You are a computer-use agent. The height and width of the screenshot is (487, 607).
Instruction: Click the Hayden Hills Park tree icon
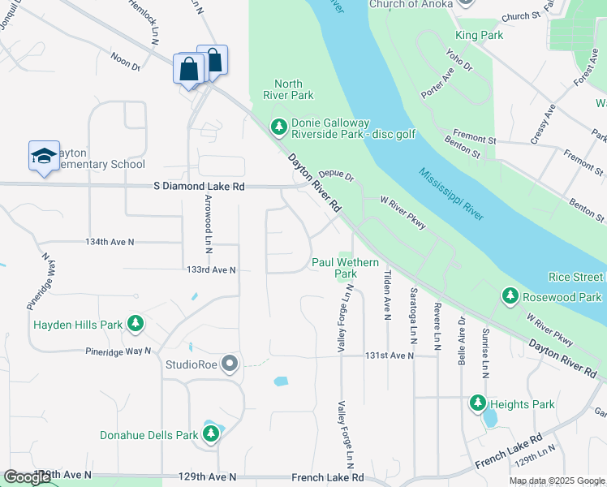[136, 325]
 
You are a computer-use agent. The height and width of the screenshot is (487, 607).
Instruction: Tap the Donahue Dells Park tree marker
[211, 435]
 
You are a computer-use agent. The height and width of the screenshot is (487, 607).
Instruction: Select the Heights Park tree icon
[478, 403]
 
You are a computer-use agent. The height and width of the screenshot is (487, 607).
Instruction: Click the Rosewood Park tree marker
[510, 297]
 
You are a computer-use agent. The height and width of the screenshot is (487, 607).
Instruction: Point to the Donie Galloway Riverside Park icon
[279, 127]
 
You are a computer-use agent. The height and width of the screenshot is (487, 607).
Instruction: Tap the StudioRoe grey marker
[230, 364]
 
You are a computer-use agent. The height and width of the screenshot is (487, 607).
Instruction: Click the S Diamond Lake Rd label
[199, 186]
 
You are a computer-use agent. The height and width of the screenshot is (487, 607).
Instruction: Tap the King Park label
[479, 35]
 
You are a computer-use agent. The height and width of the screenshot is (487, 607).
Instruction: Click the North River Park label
[288, 89]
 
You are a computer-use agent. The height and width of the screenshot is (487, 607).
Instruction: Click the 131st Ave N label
[389, 356]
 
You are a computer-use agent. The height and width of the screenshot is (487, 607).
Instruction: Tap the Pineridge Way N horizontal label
[118, 351]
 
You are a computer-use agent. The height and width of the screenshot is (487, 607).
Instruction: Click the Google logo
[28, 476]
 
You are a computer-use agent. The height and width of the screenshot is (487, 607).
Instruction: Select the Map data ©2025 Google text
[557, 481]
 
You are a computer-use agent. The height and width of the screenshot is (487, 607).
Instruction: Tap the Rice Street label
[576, 277]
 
